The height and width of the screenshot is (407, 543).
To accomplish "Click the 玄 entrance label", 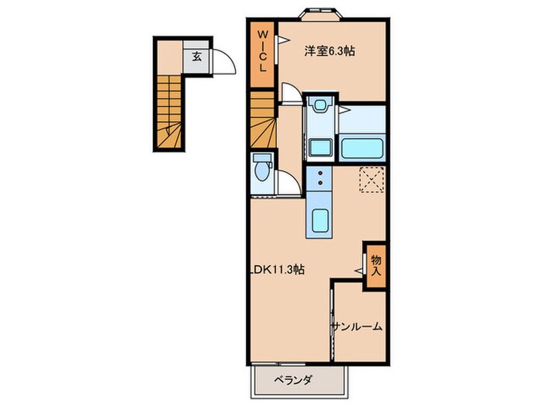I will (197, 57).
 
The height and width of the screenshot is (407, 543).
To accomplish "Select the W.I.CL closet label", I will (263, 50).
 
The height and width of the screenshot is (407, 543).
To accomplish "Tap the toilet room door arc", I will (287, 185).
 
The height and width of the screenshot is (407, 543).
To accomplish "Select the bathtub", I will (362, 146).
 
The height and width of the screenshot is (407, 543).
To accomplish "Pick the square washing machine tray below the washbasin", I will (319, 147).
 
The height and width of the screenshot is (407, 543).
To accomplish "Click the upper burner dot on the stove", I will (319, 174).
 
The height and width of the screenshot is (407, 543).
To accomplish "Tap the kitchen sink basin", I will (319, 223).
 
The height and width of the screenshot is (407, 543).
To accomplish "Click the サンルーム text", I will (358, 326).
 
